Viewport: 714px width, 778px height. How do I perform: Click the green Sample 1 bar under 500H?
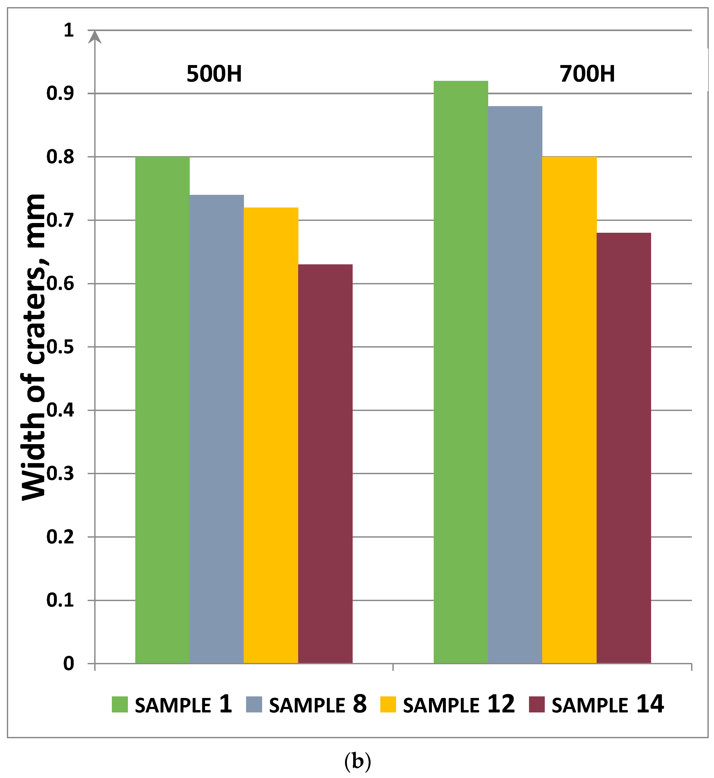[162, 410]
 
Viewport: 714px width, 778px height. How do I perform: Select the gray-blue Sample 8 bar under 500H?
[217, 429]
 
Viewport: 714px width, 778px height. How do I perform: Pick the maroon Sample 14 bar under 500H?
[325, 464]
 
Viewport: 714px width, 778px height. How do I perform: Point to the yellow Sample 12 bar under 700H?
[570, 410]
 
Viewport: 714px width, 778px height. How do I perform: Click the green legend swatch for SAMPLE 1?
[120, 704]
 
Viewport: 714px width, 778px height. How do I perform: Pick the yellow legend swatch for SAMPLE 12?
[388, 704]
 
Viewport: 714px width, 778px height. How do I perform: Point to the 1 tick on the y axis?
[69, 30]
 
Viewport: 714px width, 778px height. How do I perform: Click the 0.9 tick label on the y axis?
[60, 93]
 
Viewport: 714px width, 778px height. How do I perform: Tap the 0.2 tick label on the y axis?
[60, 537]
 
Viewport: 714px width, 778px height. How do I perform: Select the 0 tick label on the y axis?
[69, 663]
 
